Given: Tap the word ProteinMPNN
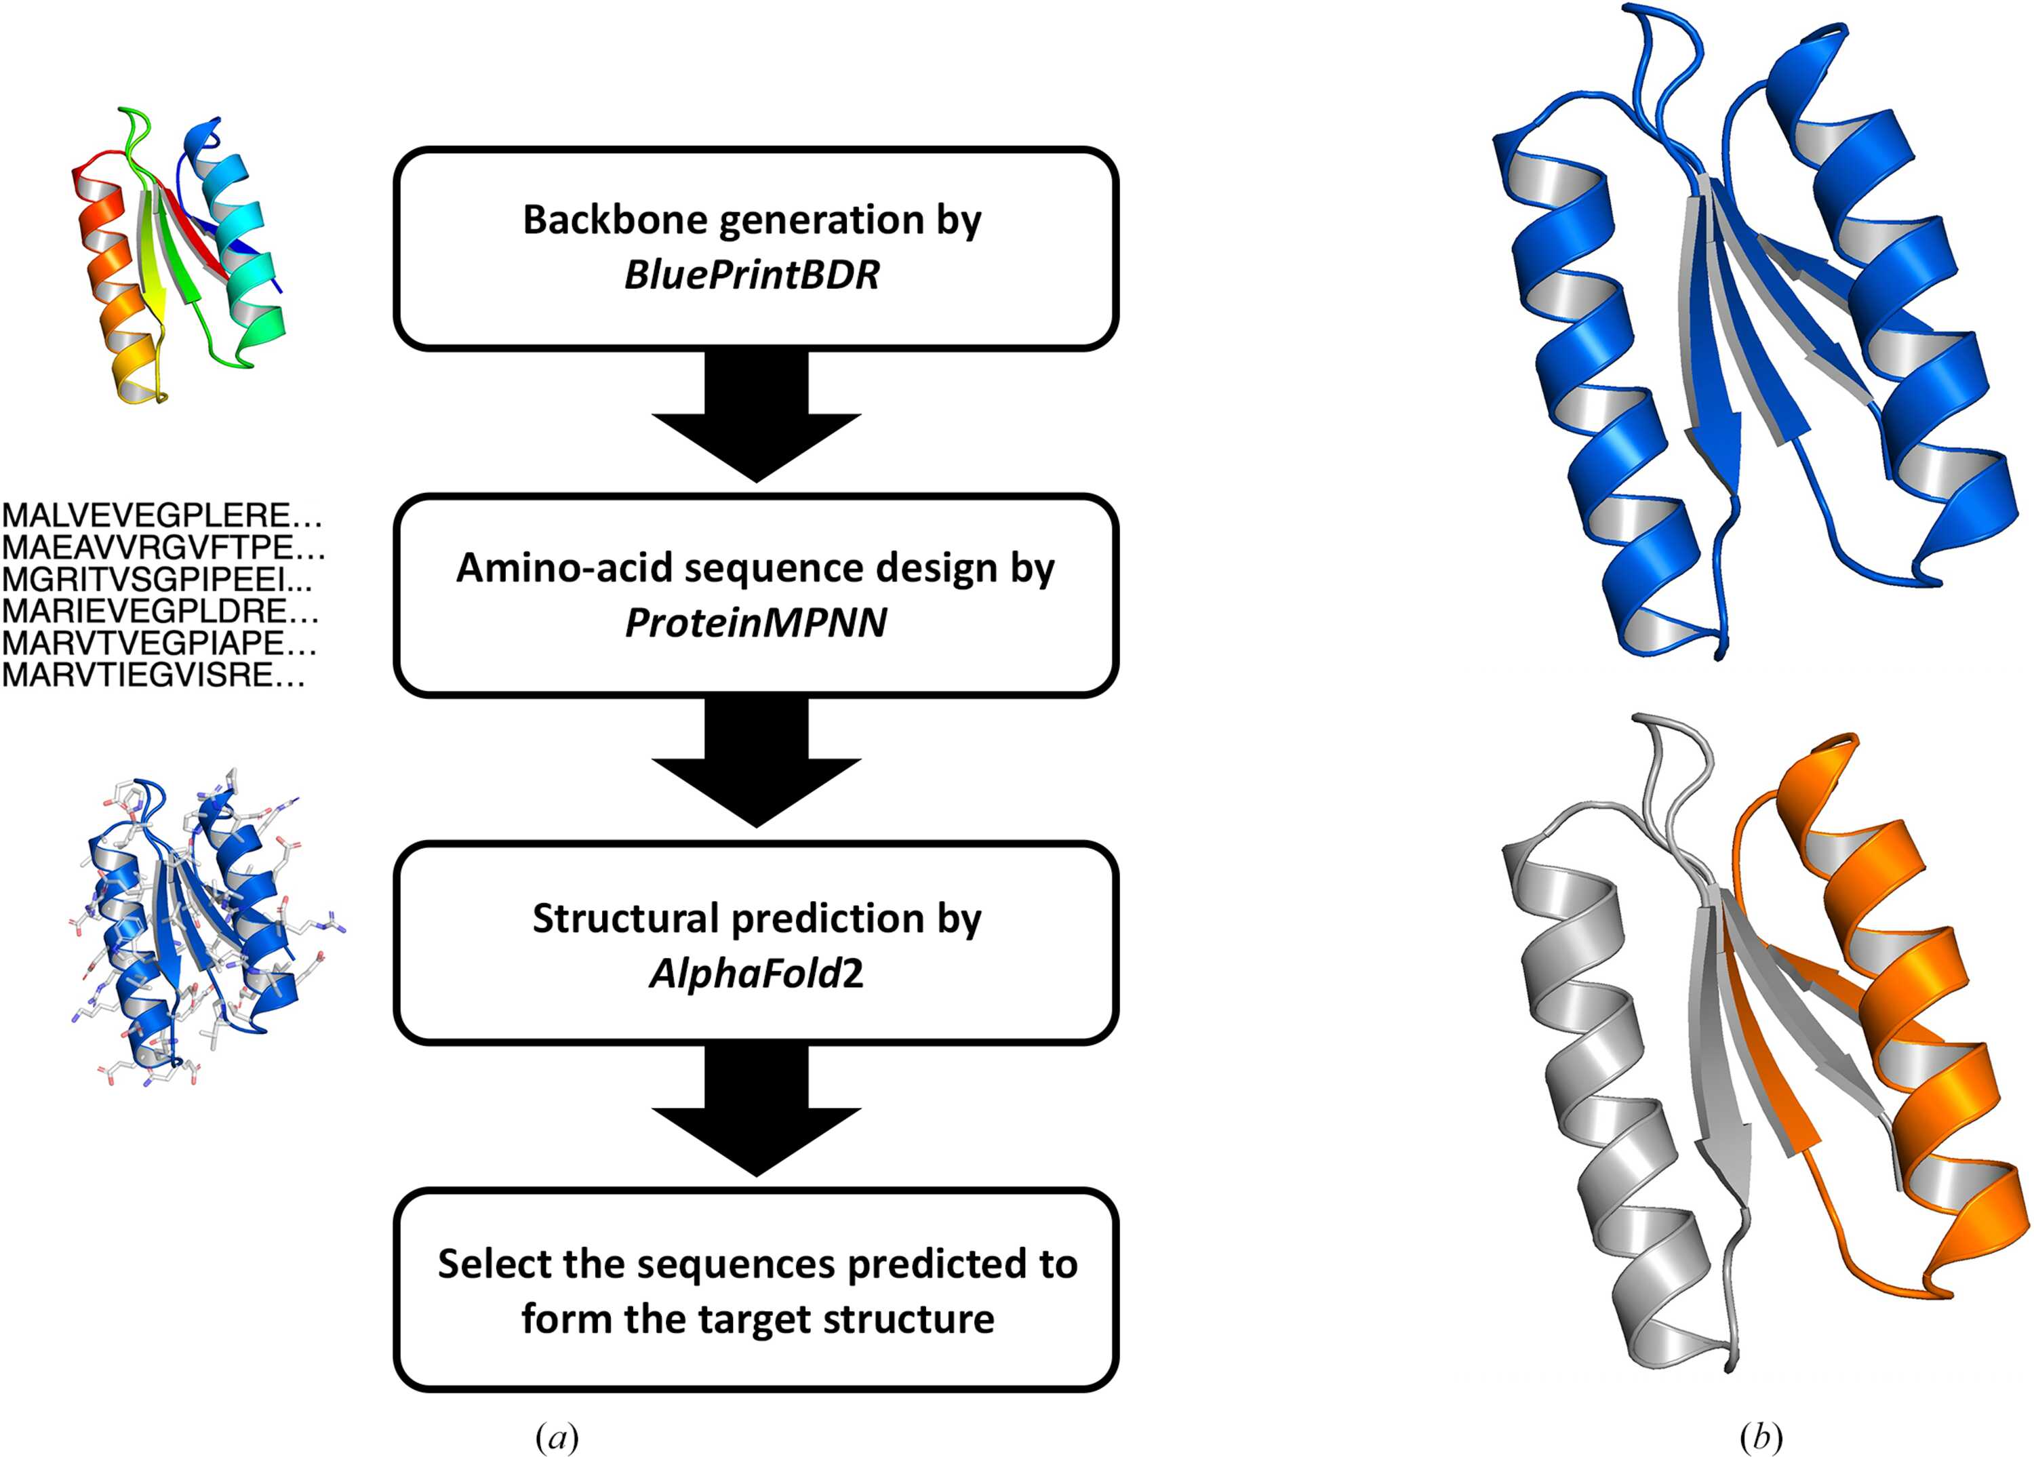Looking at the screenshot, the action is [756, 623].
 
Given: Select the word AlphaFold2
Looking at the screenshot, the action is [756, 973].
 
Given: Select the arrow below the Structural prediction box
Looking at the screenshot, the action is [756, 1112].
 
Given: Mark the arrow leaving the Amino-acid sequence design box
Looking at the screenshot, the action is [756, 762].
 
